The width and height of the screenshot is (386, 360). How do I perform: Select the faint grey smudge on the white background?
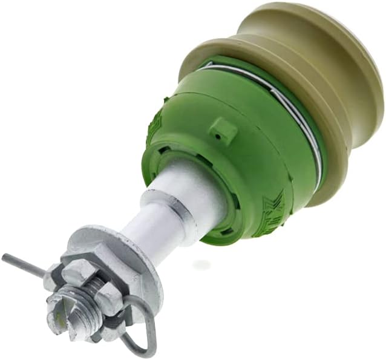click(x=203, y=264)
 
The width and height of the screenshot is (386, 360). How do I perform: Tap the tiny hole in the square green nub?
click(x=224, y=129)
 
